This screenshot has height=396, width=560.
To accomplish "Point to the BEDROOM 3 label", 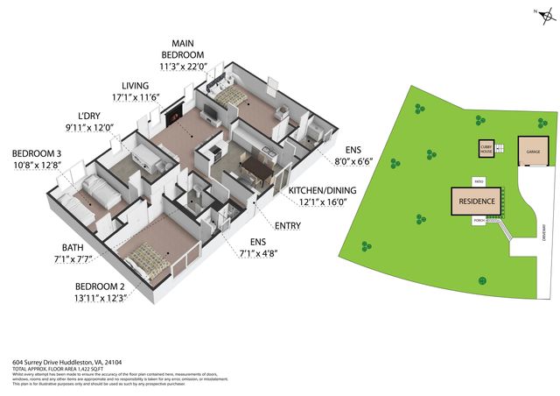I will (37, 153).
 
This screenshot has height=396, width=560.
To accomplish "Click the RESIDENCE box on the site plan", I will (477, 201).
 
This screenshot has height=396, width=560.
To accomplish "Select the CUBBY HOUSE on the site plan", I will (486, 149).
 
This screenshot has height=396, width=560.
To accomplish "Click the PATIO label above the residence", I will (479, 182).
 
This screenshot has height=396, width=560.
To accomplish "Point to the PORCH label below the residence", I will (479, 220).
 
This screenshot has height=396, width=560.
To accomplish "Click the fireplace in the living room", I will (178, 112).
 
